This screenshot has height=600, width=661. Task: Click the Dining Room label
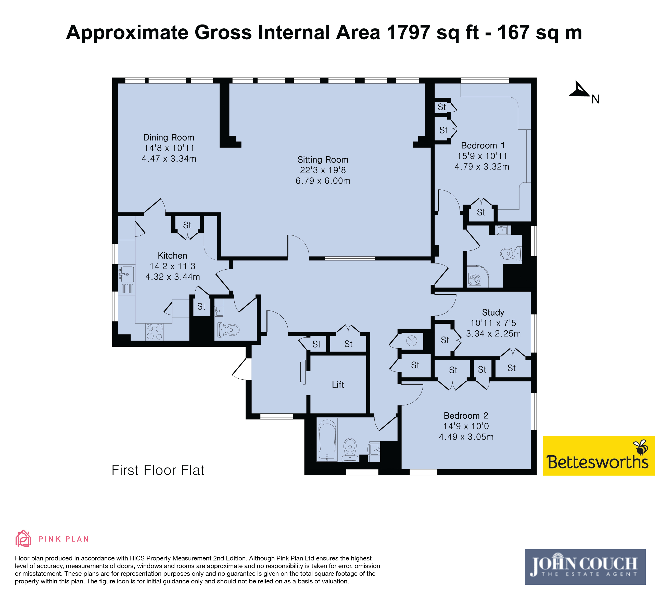pyautogui.click(x=169, y=138)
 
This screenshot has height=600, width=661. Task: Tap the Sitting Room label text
pyautogui.click(x=323, y=160)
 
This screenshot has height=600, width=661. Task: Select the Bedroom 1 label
pyautogui.click(x=483, y=146)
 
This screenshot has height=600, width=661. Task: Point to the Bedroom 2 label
pyautogui.click(x=466, y=416)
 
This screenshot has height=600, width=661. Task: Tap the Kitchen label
pyautogui.click(x=172, y=256)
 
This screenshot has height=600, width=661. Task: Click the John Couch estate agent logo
pyautogui.click(x=585, y=567)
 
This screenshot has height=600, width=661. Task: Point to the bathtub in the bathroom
pyautogui.click(x=327, y=439)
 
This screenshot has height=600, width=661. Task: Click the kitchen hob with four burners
pyautogui.click(x=155, y=332)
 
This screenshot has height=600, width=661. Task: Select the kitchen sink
pyautogui.click(x=126, y=274)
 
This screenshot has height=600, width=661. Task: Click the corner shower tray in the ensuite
pyautogui.click(x=478, y=276)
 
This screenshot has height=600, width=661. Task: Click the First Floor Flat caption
pyautogui.click(x=158, y=470)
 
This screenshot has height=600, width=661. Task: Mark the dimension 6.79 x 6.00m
pyautogui.click(x=323, y=181)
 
